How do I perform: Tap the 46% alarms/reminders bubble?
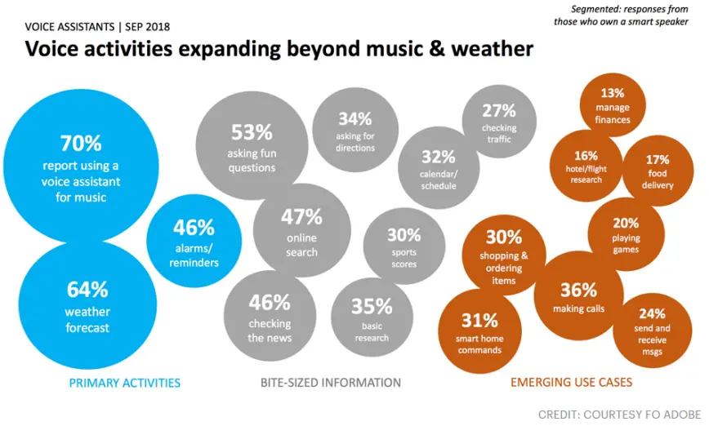[x=194, y=242]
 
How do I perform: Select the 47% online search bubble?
[x=301, y=231]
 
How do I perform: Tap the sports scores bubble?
[x=404, y=244]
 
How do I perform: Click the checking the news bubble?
[x=270, y=317]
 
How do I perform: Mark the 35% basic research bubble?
[x=372, y=317]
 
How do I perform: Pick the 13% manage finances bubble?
[x=613, y=104]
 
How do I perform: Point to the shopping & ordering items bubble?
[x=504, y=255]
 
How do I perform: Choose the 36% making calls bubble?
[x=578, y=295]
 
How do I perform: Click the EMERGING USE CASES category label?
[x=571, y=382]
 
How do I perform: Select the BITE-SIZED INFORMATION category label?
[x=331, y=382]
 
